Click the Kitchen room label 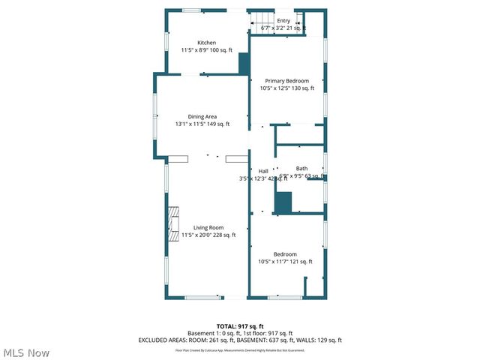coord(206,43)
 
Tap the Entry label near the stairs coord(283,21)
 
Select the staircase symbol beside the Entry coord(259,22)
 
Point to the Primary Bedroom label coord(286,81)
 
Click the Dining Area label coord(202,116)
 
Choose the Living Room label coord(208,227)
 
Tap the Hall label coord(263,171)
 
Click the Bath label coord(301,169)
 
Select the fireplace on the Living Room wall coord(173,222)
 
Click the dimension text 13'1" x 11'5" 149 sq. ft coord(202,124)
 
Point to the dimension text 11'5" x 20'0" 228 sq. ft coord(208,235)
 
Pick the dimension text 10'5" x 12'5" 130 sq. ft coord(286,88)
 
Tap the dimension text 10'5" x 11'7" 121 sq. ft coord(285,262)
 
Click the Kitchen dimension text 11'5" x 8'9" coord(206,50)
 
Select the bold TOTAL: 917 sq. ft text coord(240,326)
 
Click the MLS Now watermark coord(26,352)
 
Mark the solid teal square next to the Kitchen coord(244,64)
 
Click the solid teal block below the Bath coord(283,202)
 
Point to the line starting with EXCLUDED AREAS coord(240,340)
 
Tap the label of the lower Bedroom coord(285,254)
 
